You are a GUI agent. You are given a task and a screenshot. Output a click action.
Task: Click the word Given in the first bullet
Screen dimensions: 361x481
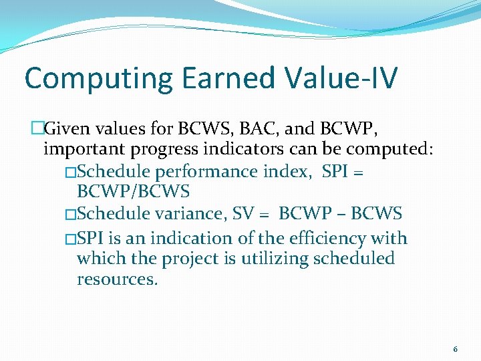[69, 127]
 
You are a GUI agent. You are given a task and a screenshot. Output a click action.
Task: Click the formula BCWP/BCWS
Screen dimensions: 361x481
[134, 192]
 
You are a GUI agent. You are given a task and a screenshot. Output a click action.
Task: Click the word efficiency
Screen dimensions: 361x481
[326, 239]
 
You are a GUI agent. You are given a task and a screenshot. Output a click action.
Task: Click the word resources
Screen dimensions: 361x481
[118, 279]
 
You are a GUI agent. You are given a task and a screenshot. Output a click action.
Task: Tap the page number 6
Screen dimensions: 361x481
[456, 349]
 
